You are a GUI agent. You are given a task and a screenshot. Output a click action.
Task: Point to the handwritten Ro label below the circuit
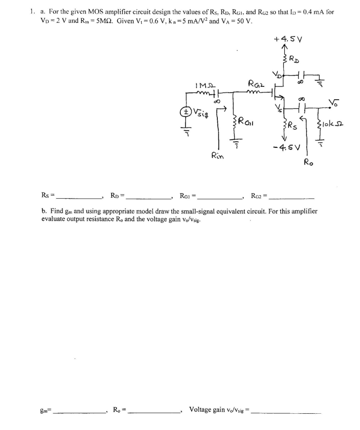[309, 163]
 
